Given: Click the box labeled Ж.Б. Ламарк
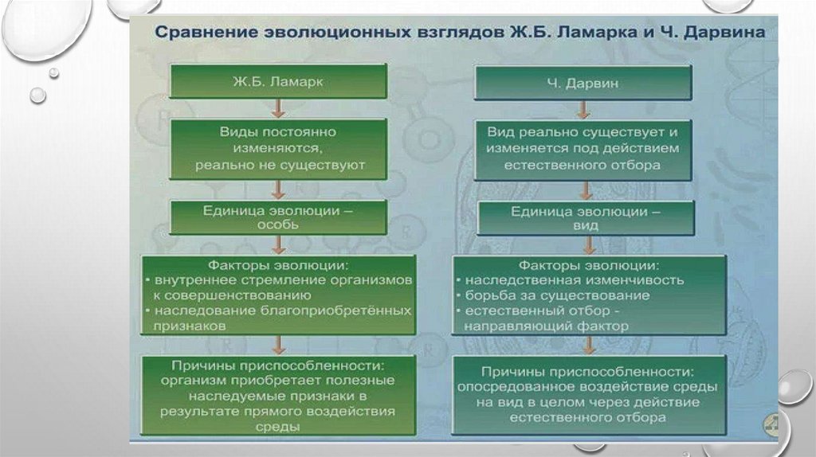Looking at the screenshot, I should coord(279,82).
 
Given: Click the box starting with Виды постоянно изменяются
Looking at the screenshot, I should coord(279,148).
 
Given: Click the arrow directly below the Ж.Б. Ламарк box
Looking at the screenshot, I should coord(278,108).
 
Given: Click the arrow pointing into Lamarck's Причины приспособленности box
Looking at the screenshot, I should coord(278,345).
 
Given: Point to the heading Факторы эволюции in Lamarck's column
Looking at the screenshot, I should coord(278,264).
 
